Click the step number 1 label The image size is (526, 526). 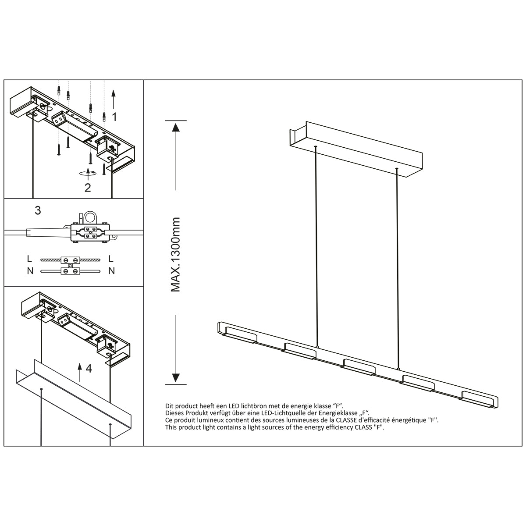(114, 117)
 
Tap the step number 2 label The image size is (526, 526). (88, 188)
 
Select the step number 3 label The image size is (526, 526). (38, 210)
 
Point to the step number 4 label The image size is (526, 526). (89, 369)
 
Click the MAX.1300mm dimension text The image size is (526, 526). (176, 254)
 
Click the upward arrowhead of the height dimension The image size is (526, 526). (175, 128)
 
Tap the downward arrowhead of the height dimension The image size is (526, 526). (175, 378)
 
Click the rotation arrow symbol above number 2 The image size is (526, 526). (88, 172)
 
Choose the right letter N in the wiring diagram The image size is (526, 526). (111, 271)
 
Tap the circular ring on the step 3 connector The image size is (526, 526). (91, 217)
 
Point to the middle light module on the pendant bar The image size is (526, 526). (359, 366)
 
